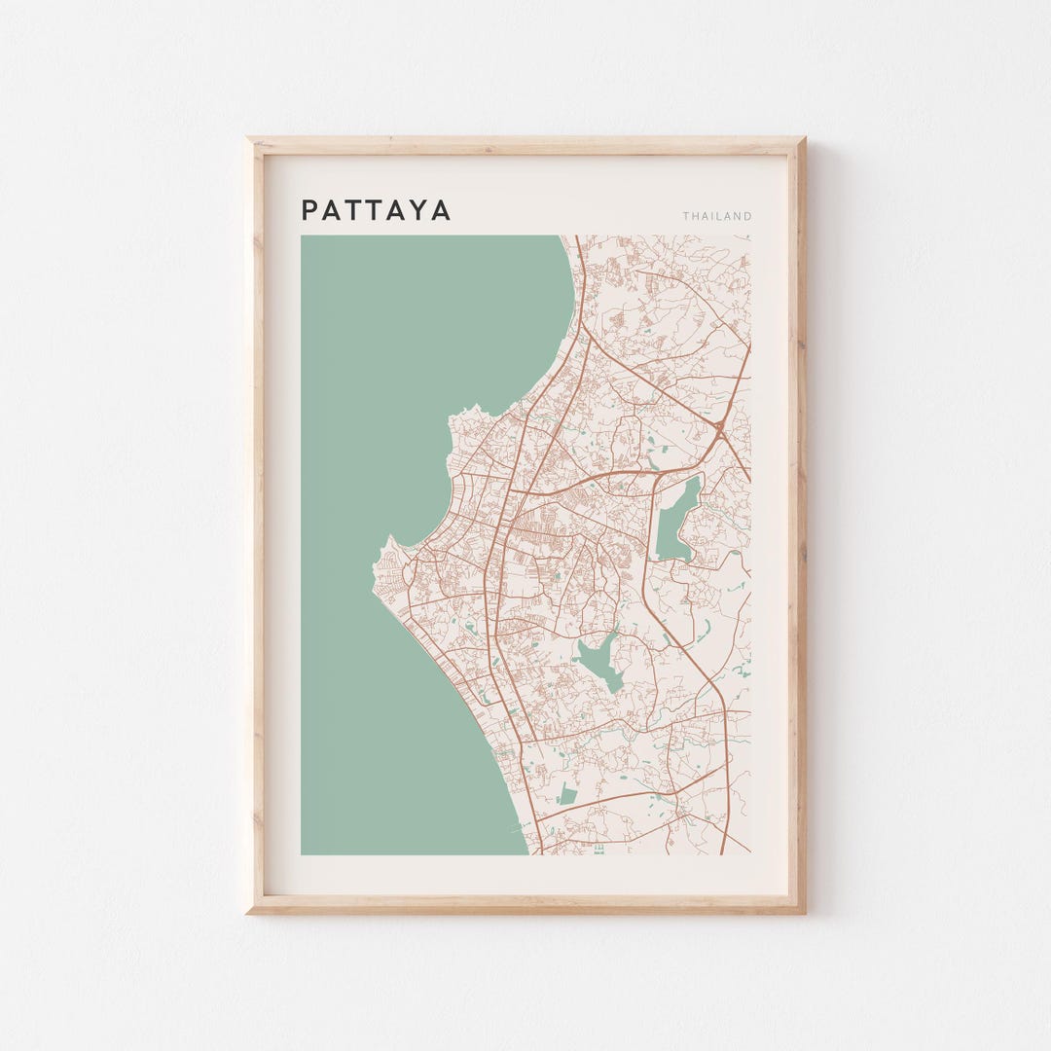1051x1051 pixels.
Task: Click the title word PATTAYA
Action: (x=376, y=210)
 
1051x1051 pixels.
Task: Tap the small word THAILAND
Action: (x=717, y=216)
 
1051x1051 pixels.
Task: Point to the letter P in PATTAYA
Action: (x=309, y=210)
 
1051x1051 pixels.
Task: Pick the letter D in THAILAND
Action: (x=747, y=216)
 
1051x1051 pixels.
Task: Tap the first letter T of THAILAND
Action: (x=686, y=216)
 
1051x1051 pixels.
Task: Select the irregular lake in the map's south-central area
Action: (x=599, y=661)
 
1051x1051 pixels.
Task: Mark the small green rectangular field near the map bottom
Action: (x=567, y=794)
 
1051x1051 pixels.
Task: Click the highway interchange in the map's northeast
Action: (x=718, y=426)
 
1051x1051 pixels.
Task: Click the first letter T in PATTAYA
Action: (x=353, y=210)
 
